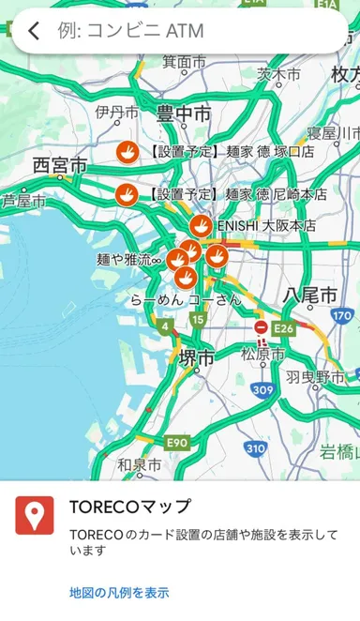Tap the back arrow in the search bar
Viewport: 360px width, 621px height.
tap(35, 32)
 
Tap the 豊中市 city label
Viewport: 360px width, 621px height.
tap(184, 114)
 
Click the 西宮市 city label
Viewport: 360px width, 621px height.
tap(59, 165)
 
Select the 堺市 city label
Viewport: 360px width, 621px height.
tap(196, 357)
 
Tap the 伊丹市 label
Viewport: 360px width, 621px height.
tap(117, 113)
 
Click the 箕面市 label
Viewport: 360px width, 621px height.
tap(184, 62)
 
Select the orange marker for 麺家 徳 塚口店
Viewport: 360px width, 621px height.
tap(127, 150)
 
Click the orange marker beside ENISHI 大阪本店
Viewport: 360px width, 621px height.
tap(201, 225)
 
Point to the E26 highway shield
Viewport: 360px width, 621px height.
tap(284, 328)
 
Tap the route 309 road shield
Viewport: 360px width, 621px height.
tap(263, 389)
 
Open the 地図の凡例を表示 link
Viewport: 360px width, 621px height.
tap(119, 593)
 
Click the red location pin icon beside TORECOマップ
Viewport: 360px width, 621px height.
tap(35, 515)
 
